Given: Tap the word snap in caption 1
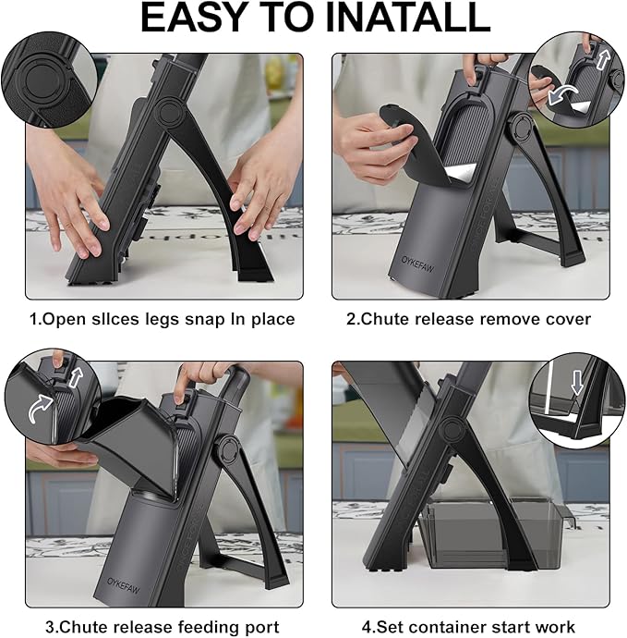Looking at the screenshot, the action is point(204,320).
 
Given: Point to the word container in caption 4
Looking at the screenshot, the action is point(471,627).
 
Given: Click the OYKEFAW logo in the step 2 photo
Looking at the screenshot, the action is point(416,264).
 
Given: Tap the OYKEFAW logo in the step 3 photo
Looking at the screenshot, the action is point(123,585).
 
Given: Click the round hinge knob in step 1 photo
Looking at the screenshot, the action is point(168,111).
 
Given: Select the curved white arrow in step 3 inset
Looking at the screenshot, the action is point(41,408).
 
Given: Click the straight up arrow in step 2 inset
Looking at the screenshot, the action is point(603,58).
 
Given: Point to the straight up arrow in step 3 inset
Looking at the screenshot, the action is point(75,376).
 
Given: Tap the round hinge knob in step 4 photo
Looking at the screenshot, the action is point(451,430).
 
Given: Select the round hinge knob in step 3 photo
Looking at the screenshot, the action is point(228,450).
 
